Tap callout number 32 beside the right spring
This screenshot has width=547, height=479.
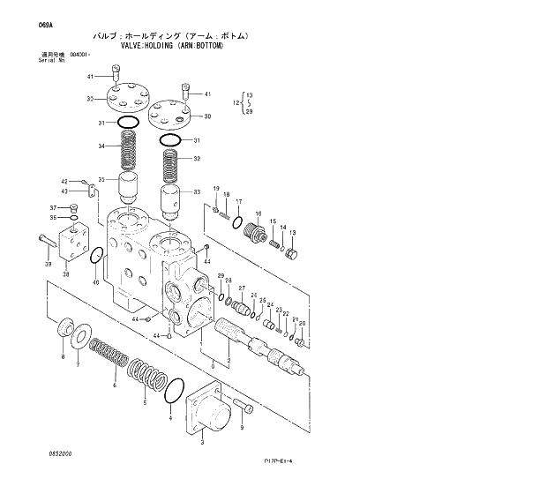(198, 159)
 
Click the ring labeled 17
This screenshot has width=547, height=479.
(237, 221)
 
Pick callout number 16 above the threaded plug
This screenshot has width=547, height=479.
(258, 213)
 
